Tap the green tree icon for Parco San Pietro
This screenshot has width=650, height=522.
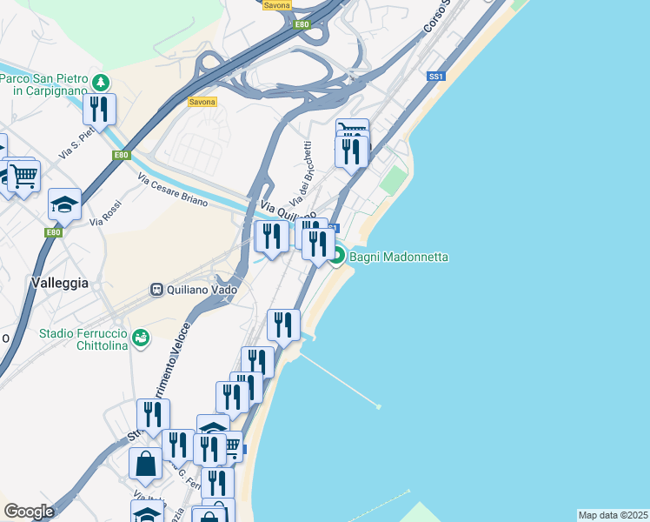coord(103,83)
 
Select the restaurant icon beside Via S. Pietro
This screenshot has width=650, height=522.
coord(99,110)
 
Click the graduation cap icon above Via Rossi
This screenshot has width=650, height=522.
coord(64,204)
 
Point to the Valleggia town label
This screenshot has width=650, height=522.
coord(59,283)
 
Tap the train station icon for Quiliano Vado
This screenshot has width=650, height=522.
coord(157,290)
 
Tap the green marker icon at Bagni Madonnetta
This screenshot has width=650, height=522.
coord(337,257)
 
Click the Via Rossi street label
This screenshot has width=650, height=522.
coord(105,215)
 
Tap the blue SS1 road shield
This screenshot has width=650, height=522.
coord(436,77)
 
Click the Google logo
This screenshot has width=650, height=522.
coord(29,512)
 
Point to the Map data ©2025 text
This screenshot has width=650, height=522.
coord(612,515)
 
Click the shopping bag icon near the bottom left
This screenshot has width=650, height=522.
coord(145,463)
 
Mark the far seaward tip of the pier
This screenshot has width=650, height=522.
coord(380,406)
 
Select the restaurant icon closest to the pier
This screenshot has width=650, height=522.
coord(283,325)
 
